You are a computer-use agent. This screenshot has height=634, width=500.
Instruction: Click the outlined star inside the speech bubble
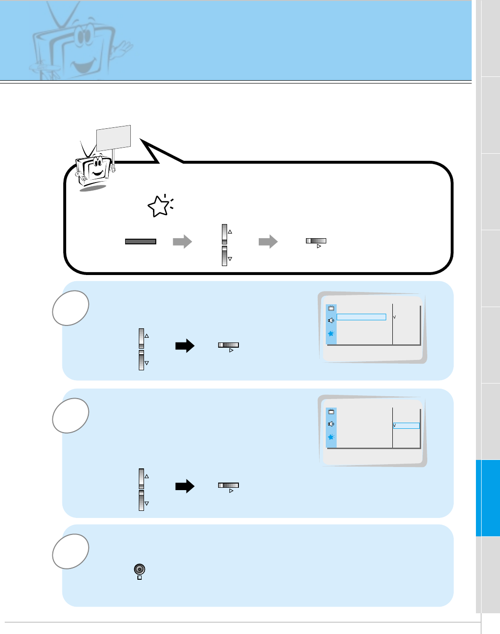click(159, 206)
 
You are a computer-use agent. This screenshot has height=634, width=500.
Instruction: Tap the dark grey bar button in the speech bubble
click(140, 242)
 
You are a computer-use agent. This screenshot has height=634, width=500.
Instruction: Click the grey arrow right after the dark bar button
click(182, 242)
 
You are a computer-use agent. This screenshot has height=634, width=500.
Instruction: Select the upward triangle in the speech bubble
click(230, 232)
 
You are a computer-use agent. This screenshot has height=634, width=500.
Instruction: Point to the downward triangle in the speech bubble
click(230, 259)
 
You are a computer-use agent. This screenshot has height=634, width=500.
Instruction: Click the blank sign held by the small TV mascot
click(113, 138)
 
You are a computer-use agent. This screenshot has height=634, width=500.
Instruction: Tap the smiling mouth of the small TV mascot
click(98, 173)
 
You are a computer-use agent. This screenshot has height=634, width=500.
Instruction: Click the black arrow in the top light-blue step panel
click(185, 346)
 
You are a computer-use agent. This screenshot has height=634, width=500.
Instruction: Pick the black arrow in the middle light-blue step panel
click(185, 486)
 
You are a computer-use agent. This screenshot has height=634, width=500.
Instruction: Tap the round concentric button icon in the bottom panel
click(139, 569)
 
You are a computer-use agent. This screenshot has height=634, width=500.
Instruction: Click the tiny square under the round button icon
click(139, 578)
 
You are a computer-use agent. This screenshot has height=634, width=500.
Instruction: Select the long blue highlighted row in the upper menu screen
click(361, 317)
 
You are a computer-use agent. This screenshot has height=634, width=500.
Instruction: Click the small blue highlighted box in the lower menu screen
click(407, 425)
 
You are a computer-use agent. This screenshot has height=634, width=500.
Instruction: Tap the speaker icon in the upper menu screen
click(331, 321)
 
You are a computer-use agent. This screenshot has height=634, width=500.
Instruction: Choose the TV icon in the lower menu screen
click(331, 412)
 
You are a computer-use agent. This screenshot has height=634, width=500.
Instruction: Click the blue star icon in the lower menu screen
click(331, 437)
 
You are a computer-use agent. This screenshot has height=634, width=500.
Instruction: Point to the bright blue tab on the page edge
click(488, 498)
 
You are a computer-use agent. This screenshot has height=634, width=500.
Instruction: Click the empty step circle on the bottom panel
click(71, 551)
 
